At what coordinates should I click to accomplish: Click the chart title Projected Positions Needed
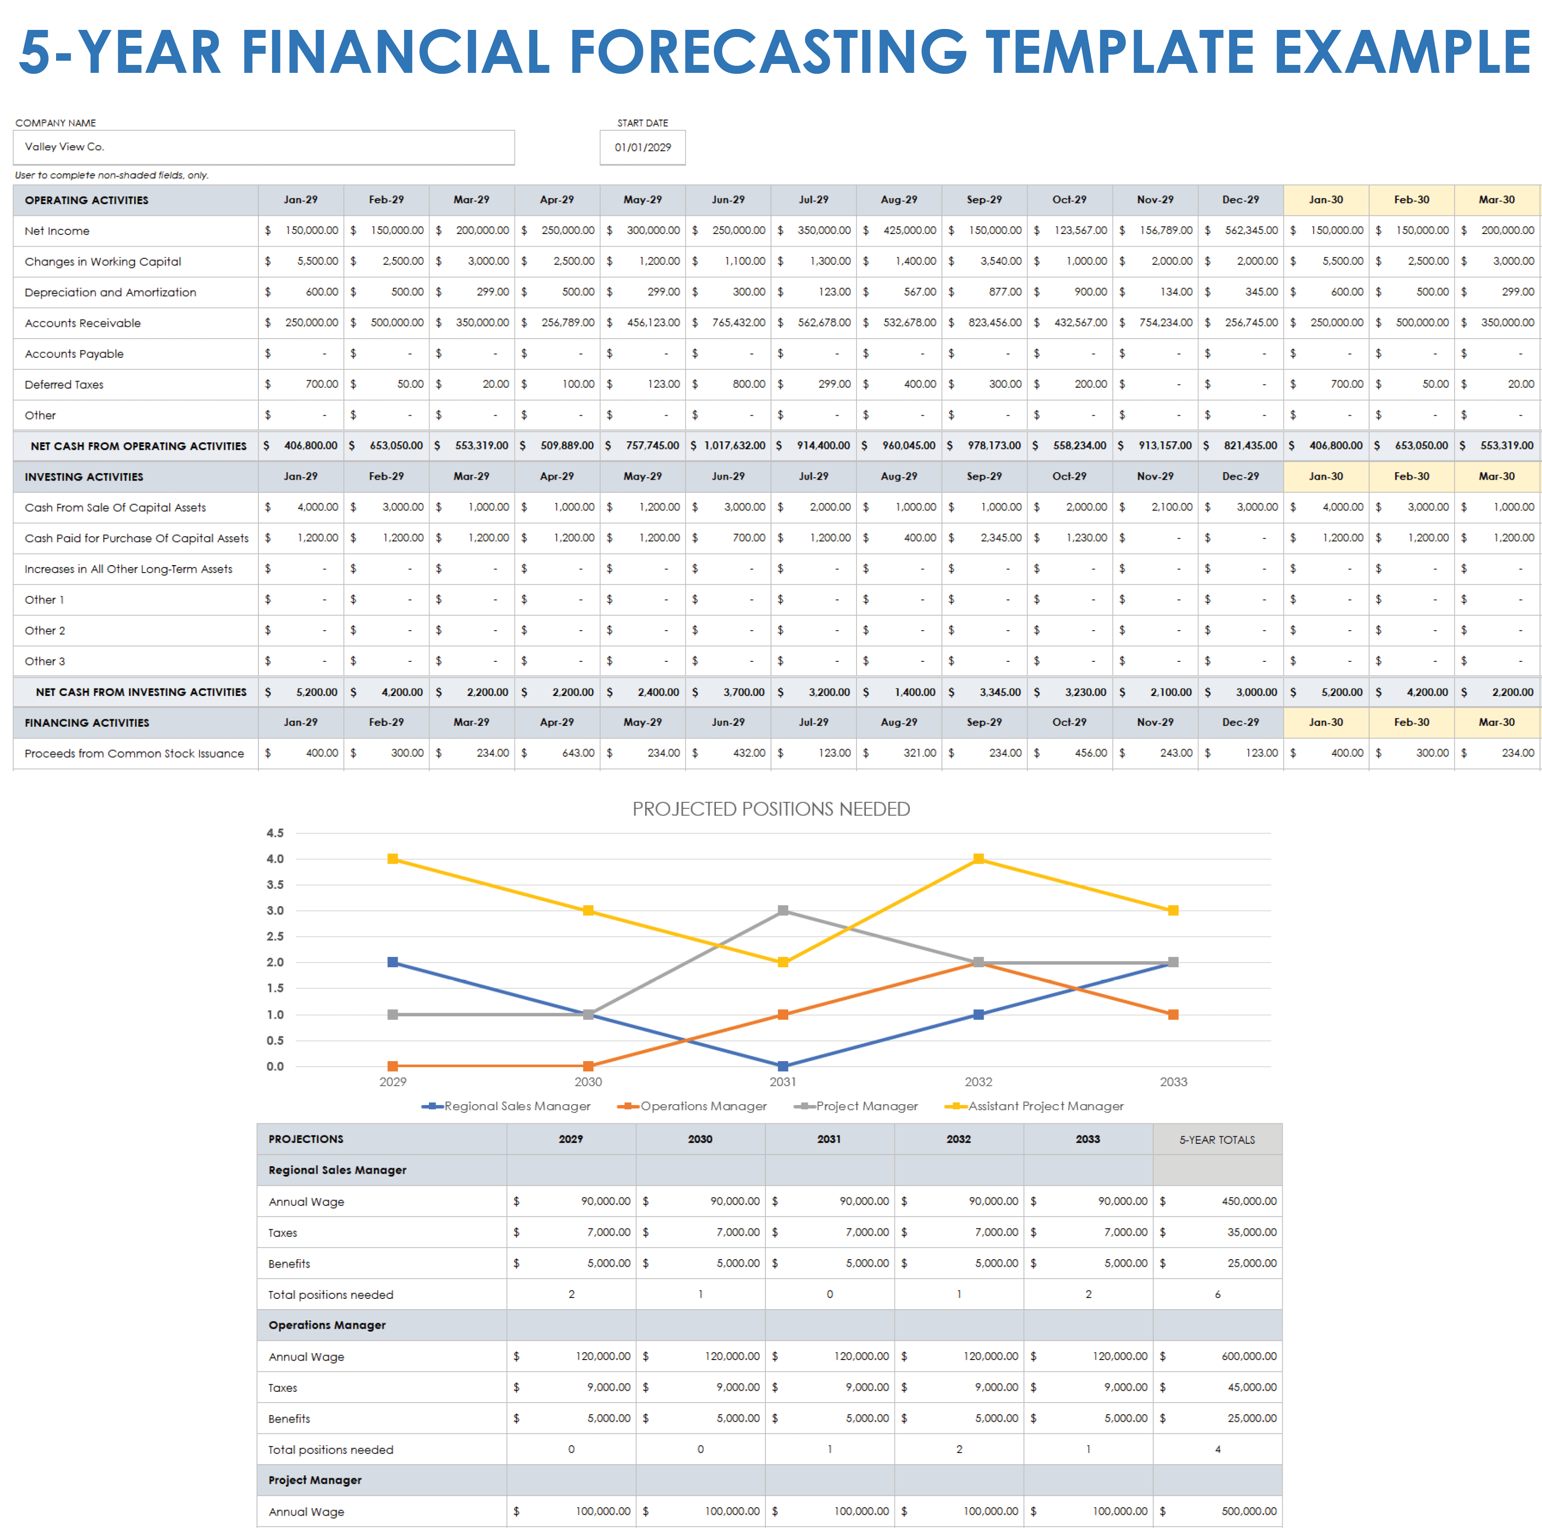coord(771,809)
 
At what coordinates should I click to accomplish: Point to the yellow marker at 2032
coord(978,859)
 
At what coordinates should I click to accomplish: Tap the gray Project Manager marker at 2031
coord(783,910)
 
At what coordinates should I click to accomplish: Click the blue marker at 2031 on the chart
coord(783,1066)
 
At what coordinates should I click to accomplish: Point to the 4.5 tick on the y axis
coord(275,833)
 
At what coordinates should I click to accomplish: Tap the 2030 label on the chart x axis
coord(588,1082)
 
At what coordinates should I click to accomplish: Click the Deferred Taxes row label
coord(64,384)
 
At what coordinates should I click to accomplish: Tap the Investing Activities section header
coord(84,477)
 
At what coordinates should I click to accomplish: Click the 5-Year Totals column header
coord(1217,1139)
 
